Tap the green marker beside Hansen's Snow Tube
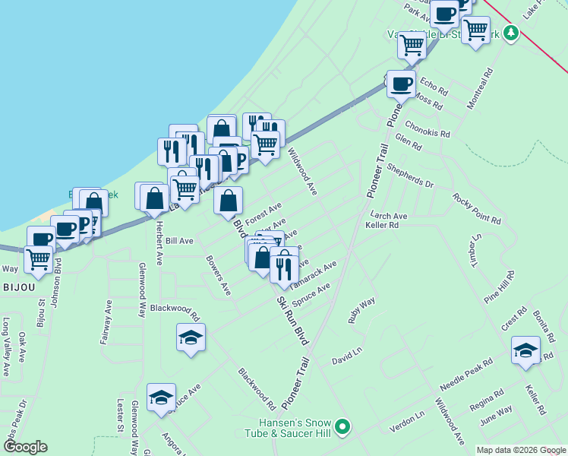pyautogui.click(x=342, y=428)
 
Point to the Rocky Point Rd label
pyautogui.click(x=477, y=208)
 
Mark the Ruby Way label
pyautogui.click(x=362, y=311)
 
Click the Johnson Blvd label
pyautogui.click(x=57, y=282)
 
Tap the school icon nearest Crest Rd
pyautogui.click(x=525, y=350)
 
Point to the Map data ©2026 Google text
pyautogui.click(x=521, y=450)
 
